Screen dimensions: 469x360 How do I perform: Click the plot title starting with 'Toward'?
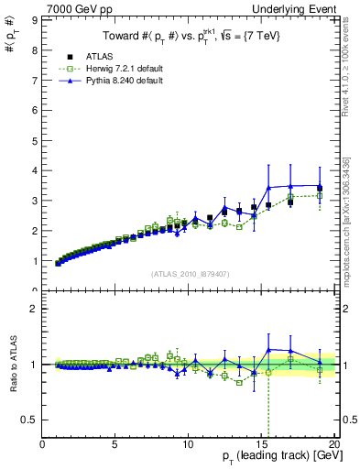191,36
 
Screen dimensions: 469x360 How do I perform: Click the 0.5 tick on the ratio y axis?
31,420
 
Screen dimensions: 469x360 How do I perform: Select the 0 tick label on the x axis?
42,445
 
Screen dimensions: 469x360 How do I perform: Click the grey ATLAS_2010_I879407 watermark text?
191,274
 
